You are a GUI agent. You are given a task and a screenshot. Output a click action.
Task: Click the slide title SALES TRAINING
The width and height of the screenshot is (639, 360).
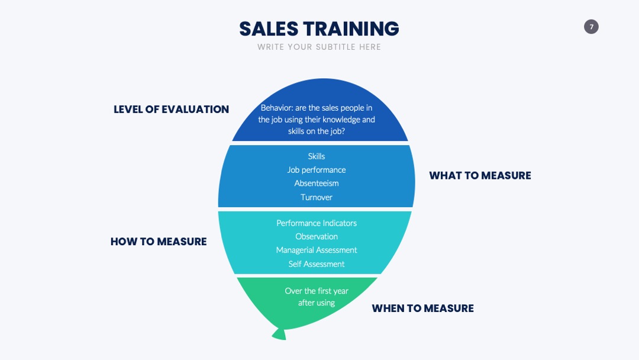[x=319, y=28]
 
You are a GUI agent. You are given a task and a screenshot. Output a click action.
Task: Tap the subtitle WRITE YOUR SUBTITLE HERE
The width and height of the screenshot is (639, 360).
[x=319, y=47]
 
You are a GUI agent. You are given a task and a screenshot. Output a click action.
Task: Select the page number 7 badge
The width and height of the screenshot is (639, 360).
[x=591, y=27]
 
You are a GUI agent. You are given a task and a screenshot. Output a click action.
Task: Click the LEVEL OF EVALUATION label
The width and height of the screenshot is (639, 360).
[x=171, y=110]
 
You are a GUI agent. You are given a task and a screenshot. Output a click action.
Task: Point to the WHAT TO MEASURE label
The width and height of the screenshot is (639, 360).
[x=480, y=175]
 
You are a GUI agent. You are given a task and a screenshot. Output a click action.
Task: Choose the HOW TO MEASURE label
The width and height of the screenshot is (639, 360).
[x=159, y=242]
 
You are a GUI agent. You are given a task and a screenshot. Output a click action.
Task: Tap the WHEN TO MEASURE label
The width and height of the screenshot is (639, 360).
[x=422, y=308]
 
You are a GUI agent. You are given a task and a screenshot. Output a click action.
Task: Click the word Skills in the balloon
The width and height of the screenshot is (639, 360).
[x=316, y=156]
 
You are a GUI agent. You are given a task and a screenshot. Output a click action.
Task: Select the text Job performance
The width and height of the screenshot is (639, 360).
[x=316, y=170]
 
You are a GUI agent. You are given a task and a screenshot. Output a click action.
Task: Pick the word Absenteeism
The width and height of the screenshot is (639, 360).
[x=316, y=183]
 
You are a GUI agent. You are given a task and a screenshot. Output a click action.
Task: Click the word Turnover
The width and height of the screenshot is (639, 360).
[x=316, y=197]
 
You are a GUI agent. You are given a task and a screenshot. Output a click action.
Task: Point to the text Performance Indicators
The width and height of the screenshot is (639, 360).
[x=316, y=223]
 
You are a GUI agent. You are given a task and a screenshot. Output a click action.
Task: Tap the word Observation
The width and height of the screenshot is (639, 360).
[x=316, y=236]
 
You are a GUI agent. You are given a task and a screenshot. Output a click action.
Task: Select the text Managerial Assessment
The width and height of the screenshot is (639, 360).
[x=316, y=250]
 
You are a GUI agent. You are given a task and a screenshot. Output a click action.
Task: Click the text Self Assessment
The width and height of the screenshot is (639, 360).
[x=316, y=264]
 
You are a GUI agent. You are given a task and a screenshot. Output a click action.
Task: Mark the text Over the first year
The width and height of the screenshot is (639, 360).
[x=316, y=291]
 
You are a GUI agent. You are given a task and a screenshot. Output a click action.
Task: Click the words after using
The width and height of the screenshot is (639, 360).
[x=316, y=303]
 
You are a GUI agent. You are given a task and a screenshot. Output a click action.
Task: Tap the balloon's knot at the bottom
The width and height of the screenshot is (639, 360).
[x=279, y=334]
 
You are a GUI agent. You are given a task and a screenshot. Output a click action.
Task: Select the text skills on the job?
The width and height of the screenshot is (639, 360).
[x=316, y=131]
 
